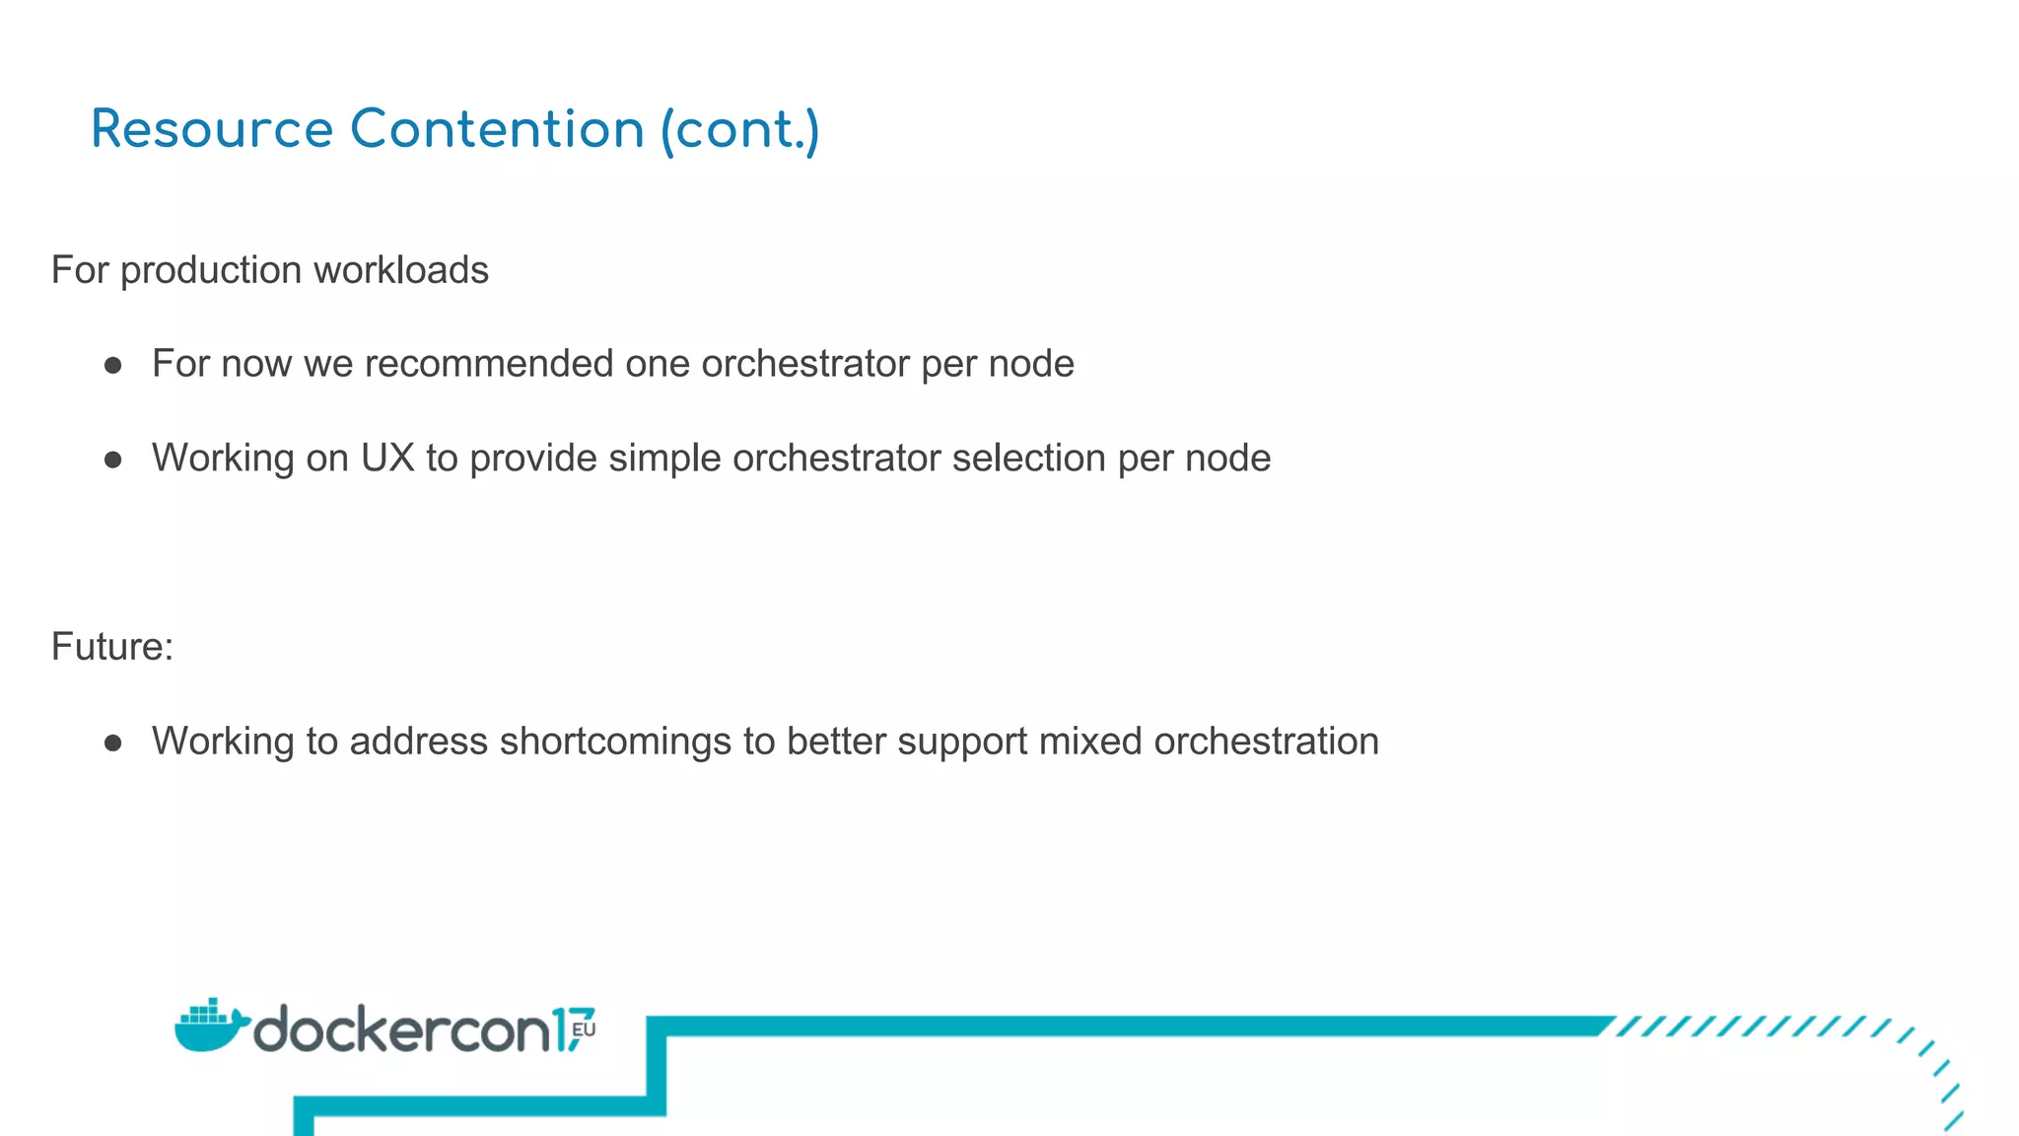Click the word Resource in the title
[x=212, y=130]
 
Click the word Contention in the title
[x=497, y=130]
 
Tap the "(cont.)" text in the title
[x=739, y=131]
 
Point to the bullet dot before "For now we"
[x=113, y=366]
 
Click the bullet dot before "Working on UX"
[x=113, y=460]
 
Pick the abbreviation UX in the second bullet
[x=387, y=459]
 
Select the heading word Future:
[x=111, y=647]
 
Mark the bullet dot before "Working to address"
[x=113, y=743]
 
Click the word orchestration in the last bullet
[x=1266, y=742]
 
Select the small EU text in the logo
[x=584, y=1029]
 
